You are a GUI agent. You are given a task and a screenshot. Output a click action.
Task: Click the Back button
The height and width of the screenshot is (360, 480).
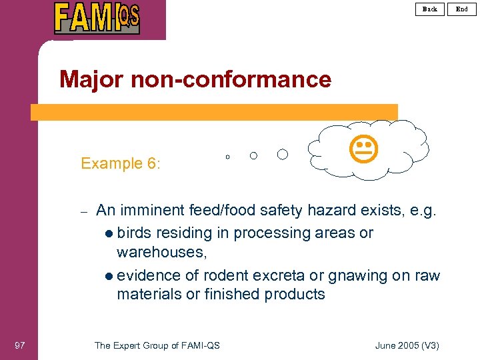[x=430, y=9]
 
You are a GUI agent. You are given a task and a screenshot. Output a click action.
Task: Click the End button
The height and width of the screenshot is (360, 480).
[x=462, y=9]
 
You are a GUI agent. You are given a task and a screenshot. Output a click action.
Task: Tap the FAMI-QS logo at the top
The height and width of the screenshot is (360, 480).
[x=97, y=18]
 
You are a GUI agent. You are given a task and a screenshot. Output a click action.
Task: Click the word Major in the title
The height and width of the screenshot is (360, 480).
[x=91, y=80]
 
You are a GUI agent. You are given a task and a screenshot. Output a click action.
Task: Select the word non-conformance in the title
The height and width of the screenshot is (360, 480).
[x=230, y=80]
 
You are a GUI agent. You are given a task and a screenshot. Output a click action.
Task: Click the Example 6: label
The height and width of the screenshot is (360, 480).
[x=121, y=163]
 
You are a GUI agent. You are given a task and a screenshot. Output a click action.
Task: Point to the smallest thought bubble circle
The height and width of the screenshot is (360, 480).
[x=227, y=157]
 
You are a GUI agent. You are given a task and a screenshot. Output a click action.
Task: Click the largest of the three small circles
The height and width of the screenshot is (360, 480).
[x=283, y=155]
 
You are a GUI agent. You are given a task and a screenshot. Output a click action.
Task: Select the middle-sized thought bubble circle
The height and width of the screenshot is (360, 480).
[x=253, y=156]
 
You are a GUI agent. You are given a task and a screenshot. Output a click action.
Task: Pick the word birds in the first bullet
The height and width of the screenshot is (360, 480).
[x=133, y=233]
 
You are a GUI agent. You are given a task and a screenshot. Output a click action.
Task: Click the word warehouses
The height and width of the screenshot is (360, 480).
[x=161, y=253]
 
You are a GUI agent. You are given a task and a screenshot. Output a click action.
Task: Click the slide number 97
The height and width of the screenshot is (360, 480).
[x=19, y=345]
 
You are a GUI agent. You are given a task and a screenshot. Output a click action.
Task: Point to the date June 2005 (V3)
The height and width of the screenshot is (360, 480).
[x=407, y=345]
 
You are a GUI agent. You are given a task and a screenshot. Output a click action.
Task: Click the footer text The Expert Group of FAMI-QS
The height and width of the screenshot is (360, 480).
[x=157, y=345]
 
